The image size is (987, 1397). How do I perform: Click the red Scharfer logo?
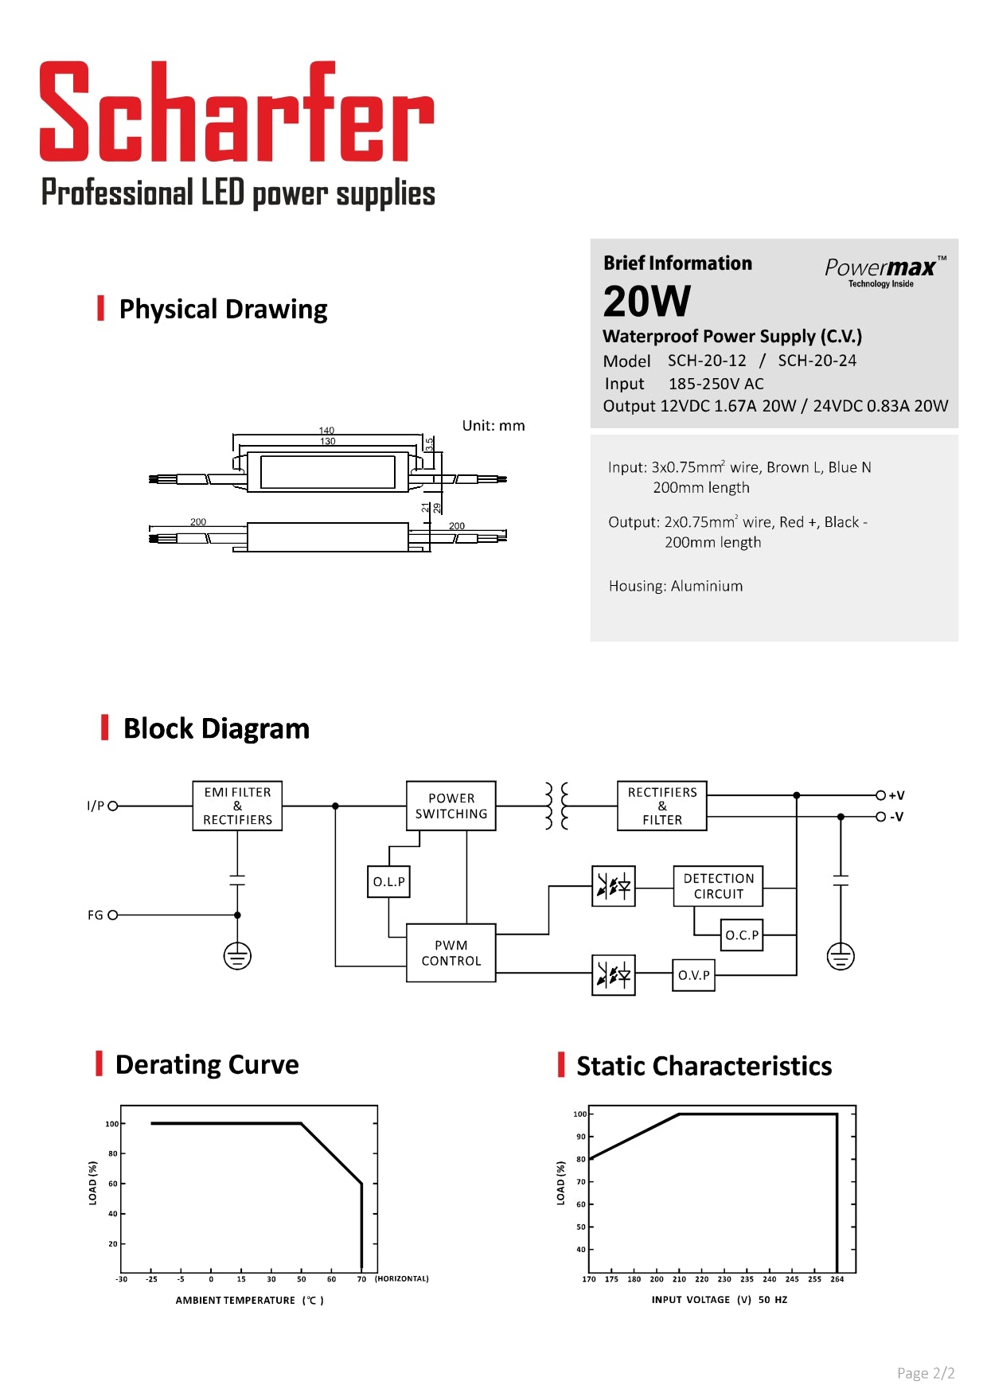(236, 112)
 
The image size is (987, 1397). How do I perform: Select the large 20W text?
(646, 302)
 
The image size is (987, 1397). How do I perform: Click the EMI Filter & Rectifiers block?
(237, 806)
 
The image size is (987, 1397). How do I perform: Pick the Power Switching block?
(451, 806)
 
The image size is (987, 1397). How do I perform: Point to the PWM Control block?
(451, 953)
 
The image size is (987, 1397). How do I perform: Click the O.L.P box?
(388, 882)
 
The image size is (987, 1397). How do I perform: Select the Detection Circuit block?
(718, 886)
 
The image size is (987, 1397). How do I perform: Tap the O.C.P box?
(741, 935)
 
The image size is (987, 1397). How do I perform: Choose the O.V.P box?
(693, 975)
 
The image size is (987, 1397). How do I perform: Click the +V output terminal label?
(896, 795)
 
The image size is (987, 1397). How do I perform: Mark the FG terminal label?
(96, 915)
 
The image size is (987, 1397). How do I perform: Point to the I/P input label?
(96, 806)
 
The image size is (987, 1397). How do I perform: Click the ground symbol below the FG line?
(237, 955)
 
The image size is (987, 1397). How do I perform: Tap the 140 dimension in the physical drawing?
(327, 431)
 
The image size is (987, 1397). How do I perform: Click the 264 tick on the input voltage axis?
(837, 1279)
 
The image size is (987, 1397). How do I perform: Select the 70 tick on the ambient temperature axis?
(361, 1279)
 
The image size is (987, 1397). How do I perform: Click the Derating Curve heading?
(207, 1065)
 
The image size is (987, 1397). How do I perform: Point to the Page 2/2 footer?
(925, 1373)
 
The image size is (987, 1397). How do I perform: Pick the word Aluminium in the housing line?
(707, 586)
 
